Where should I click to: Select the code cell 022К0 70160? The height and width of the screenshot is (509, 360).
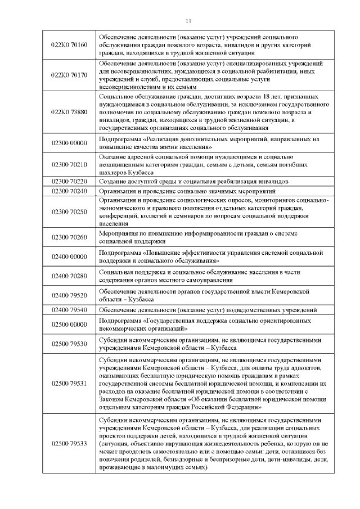[x=69, y=44]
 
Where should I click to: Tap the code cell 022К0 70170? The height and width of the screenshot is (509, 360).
[x=69, y=75]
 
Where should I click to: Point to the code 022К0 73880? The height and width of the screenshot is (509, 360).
[x=69, y=112]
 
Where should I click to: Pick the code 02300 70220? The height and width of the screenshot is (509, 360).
[x=69, y=182]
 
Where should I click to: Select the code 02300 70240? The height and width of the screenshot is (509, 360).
[x=69, y=191]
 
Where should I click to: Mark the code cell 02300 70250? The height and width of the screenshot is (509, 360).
[x=69, y=211]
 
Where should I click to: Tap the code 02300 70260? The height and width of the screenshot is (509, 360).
[x=69, y=237]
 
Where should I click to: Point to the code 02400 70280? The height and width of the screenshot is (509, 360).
[x=69, y=276]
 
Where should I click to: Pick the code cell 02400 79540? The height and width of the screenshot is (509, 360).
[x=69, y=310]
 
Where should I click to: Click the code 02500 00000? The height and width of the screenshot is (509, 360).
[x=69, y=325]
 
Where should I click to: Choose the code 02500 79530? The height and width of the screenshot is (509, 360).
[x=69, y=344]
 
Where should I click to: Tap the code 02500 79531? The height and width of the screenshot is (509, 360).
[x=69, y=384]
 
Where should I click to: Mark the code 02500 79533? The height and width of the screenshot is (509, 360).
[x=69, y=443]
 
